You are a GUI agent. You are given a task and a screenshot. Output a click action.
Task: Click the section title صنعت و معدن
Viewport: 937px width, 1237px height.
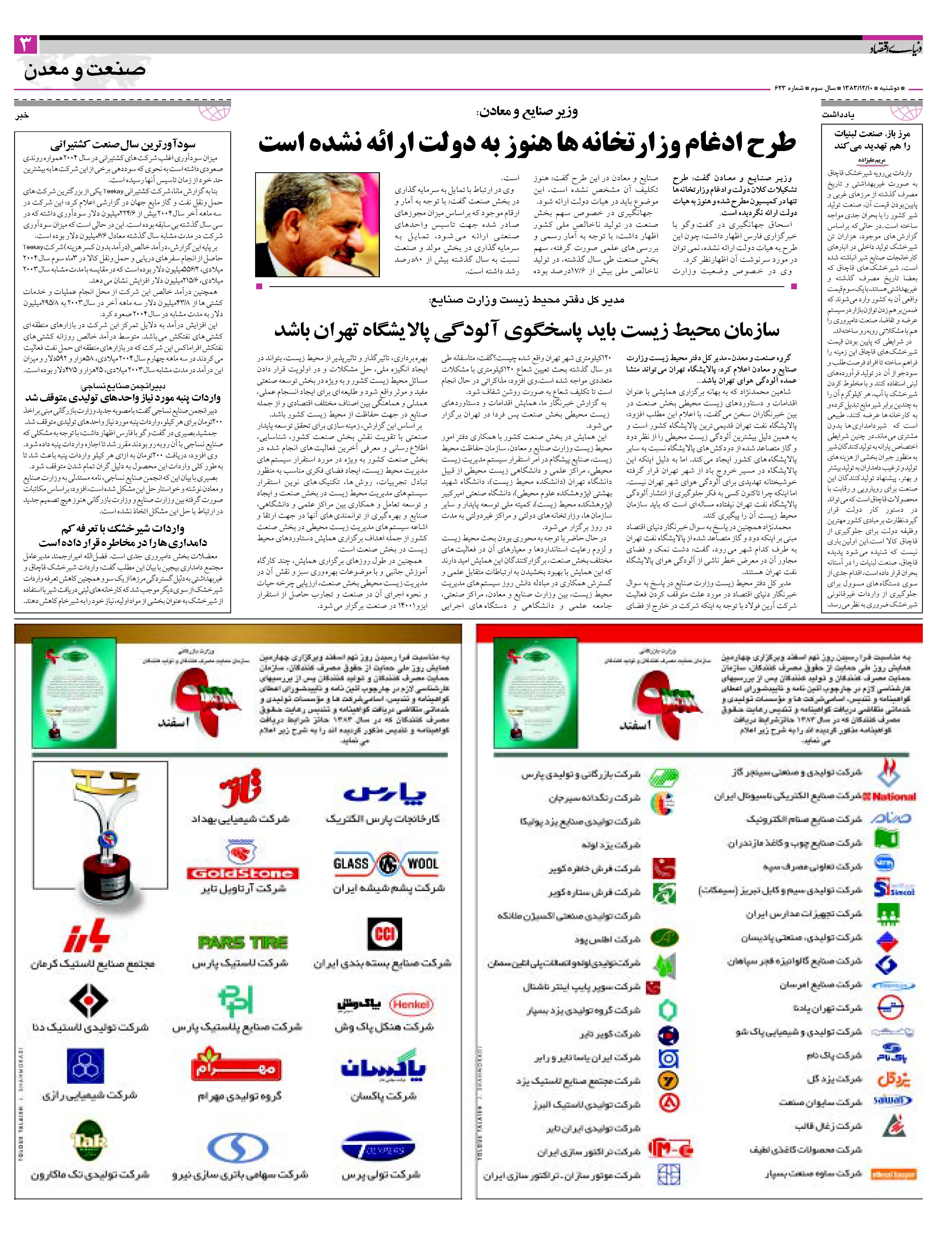[x=85, y=70]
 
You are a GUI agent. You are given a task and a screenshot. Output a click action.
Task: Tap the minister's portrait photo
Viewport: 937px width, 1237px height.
[x=317, y=224]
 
